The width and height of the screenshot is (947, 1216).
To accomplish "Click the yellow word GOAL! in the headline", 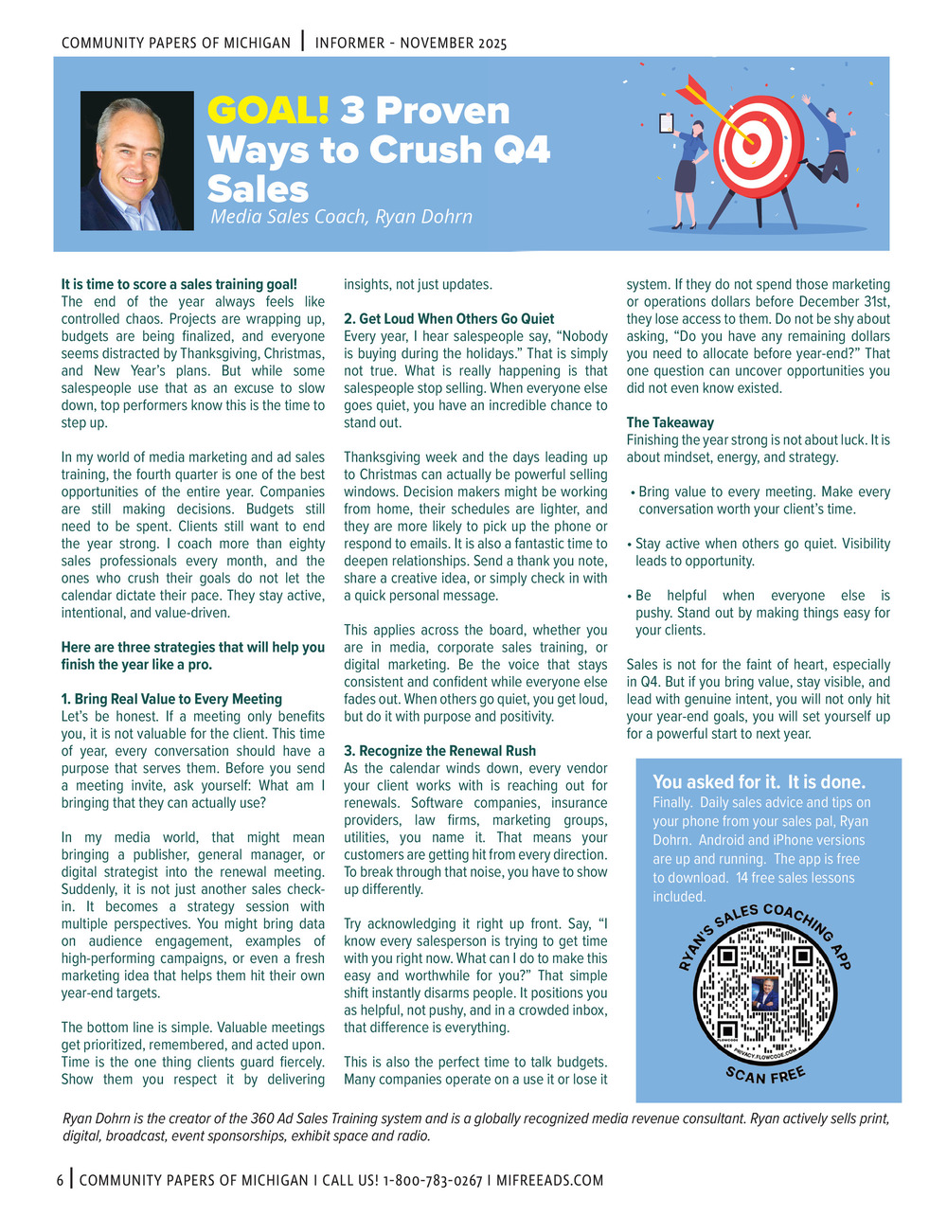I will click(268, 112).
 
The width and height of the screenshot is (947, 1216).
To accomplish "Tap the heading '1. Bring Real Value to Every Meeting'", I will click(171, 699).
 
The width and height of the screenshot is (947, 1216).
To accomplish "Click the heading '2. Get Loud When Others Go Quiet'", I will click(449, 319).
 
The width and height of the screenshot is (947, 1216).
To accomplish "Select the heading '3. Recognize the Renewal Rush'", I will click(439, 751).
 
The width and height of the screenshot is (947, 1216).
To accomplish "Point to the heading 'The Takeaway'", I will click(670, 422).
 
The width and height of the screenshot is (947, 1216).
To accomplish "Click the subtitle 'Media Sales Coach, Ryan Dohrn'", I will click(341, 217).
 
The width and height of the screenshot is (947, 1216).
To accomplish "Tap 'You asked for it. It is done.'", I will click(759, 782).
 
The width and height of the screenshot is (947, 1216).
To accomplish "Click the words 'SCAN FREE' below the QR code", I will click(765, 1075).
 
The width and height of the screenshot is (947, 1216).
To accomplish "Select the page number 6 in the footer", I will click(60, 1180).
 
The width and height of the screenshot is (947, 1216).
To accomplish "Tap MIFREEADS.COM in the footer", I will click(548, 1180).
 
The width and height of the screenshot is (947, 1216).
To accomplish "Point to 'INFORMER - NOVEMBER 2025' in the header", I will click(411, 44).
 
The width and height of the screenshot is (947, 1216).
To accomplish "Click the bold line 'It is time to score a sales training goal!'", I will click(179, 284).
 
